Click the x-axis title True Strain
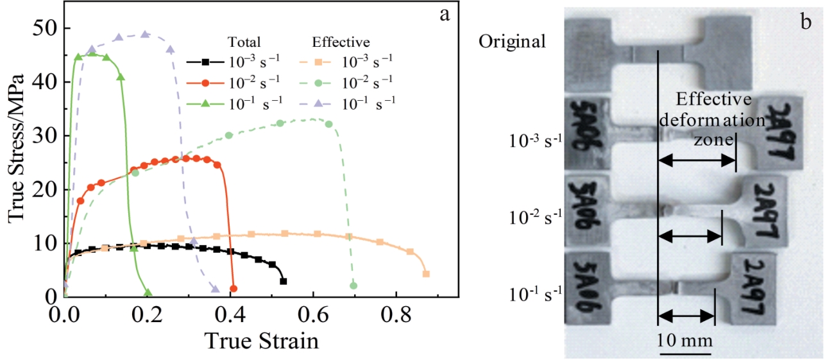click(x=261, y=340)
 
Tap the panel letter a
click(x=444, y=15)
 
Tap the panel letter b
click(x=806, y=22)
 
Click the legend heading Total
click(x=243, y=42)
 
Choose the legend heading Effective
click(x=341, y=42)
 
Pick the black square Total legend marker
click(x=205, y=62)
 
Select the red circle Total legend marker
click(x=205, y=81)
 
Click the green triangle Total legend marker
click(x=205, y=101)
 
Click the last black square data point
click(x=283, y=281)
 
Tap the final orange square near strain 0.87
click(x=426, y=274)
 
